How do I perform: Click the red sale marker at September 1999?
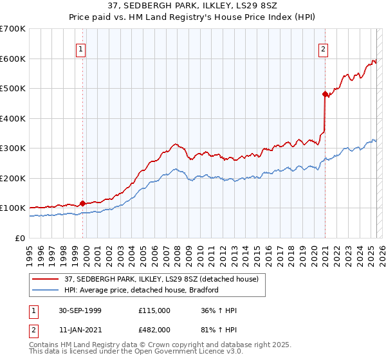tap(82, 204)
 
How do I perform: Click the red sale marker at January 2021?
tap(325, 94)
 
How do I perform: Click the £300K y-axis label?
tap(12, 148)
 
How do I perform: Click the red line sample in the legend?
tap(46, 279)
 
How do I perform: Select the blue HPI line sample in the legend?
tap(46, 290)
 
